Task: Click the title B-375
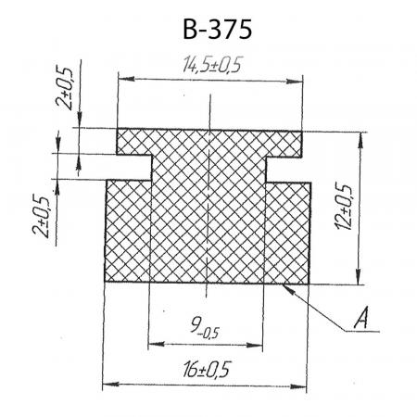(x=218, y=30)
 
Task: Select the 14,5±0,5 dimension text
(x=211, y=65)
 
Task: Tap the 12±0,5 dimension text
(x=343, y=207)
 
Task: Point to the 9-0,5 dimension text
(x=205, y=328)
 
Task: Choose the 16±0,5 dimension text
(x=207, y=369)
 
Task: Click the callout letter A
(x=361, y=318)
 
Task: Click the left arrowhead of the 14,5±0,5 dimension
(x=126, y=79)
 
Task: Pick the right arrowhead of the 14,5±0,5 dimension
(x=295, y=82)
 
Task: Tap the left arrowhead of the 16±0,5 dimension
(x=110, y=385)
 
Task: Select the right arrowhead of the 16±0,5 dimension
(x=298, y=386)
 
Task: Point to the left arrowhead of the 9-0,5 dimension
(x=157, y=344)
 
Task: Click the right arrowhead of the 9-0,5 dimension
(x=255, y=345)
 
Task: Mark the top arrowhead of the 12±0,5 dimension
(x=360, y=141)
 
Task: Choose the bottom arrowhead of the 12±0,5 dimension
(x=358, y=276)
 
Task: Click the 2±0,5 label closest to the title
(x=64, y=87)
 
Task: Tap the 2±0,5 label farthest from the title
(x=41, y=216)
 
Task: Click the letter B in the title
(x=190, y=30)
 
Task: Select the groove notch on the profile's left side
(x=133, y=167)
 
